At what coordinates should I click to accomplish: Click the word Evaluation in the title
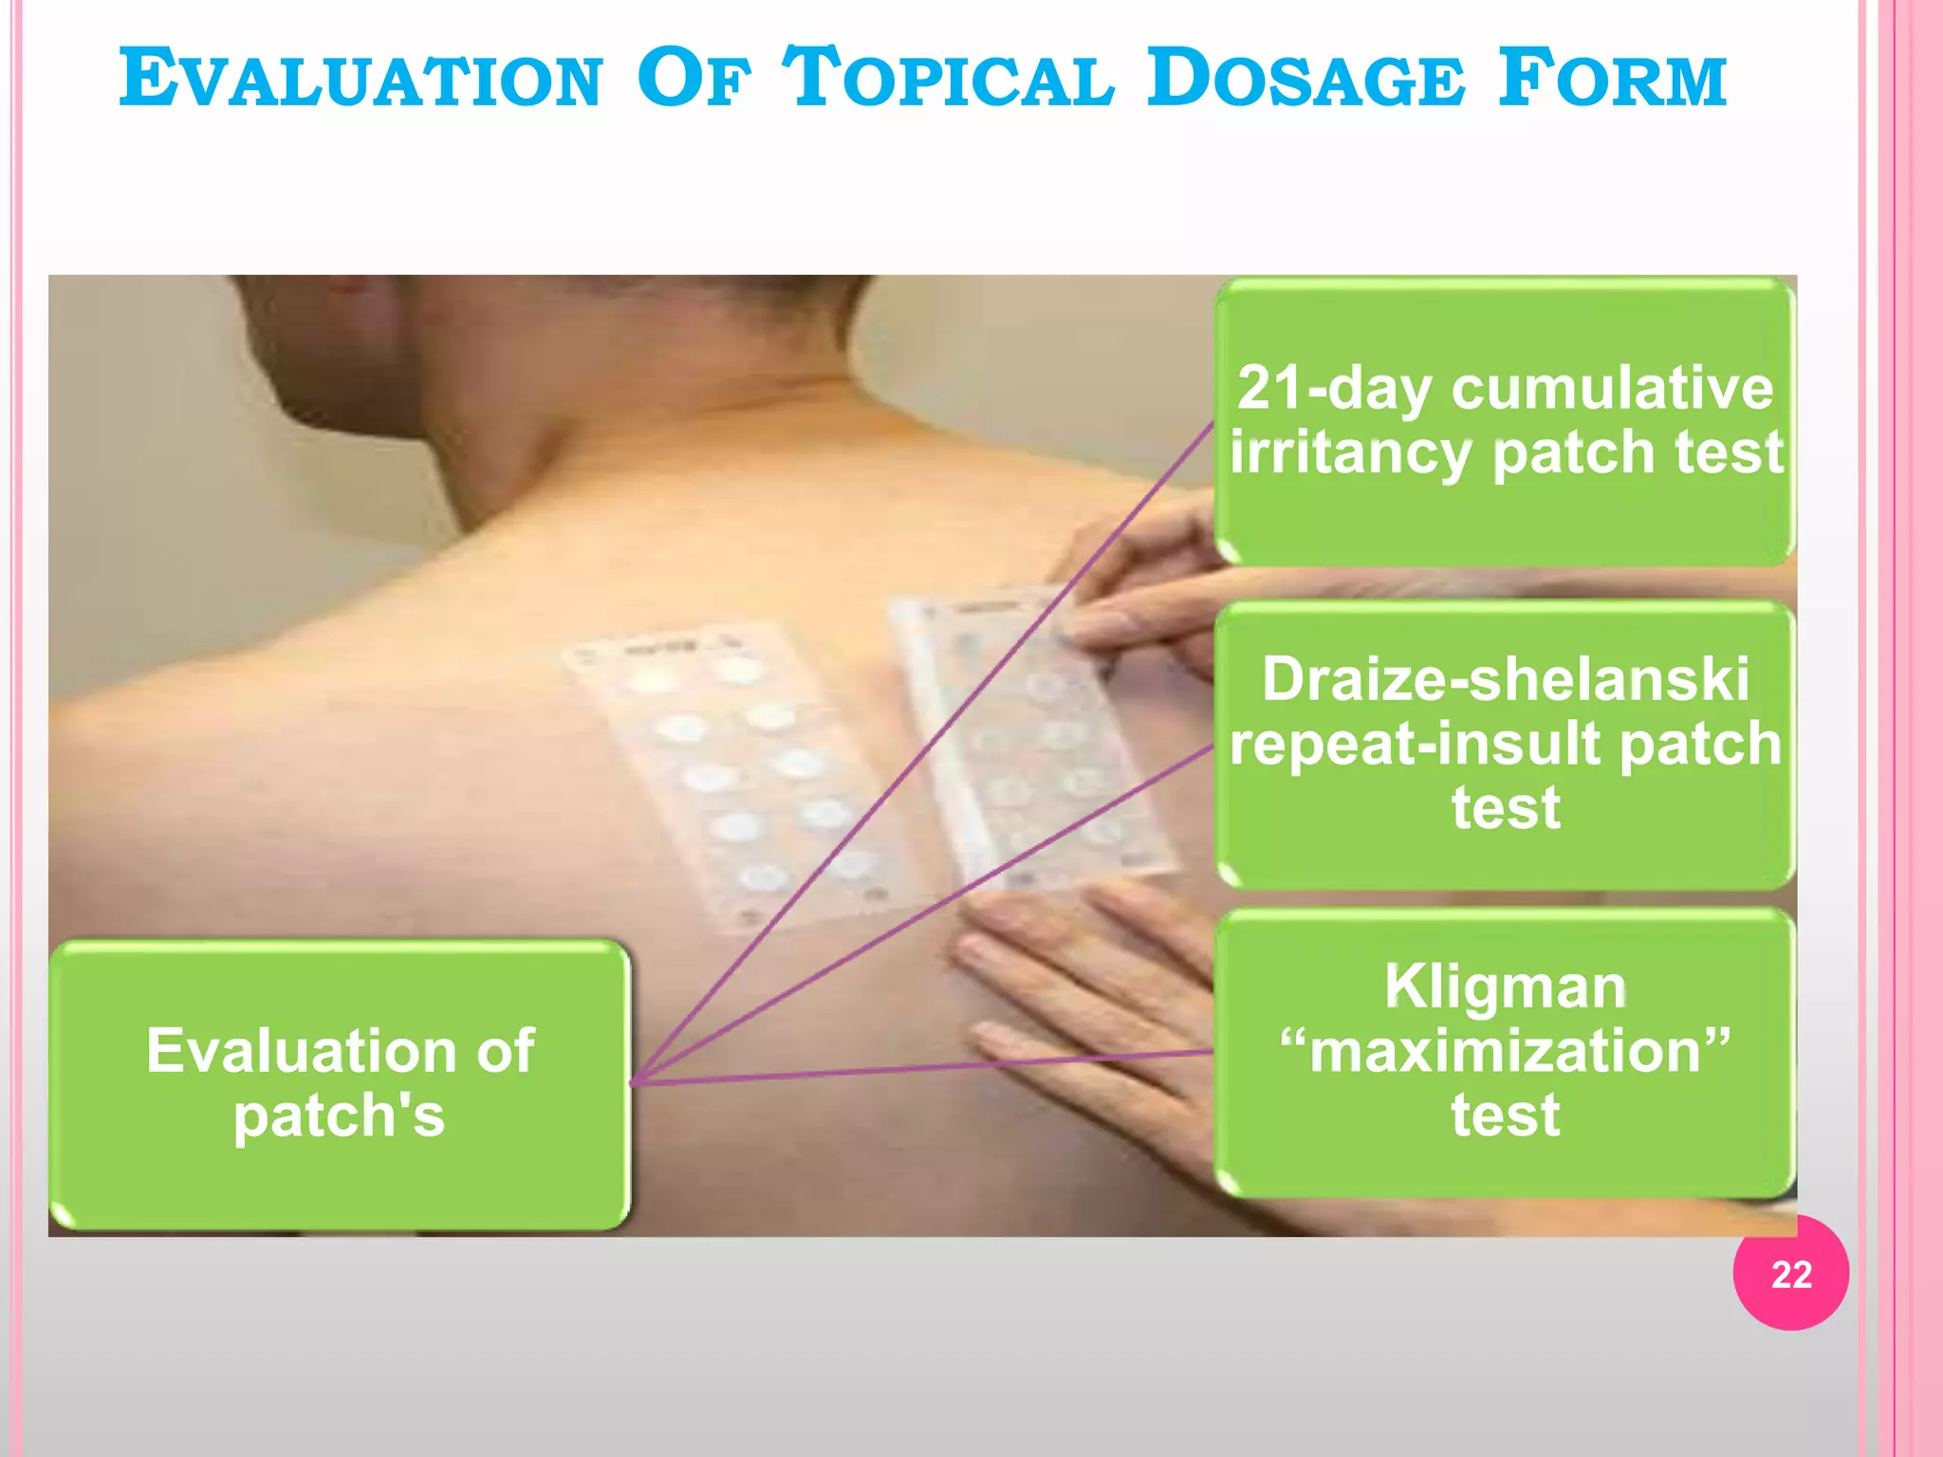pos(361,80)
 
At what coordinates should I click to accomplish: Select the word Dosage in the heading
pos(1305,80)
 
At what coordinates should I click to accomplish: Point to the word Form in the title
pos(1613,80)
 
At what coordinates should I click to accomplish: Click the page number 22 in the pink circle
pos(1790,1274)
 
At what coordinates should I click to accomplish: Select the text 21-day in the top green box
pos(1334,389)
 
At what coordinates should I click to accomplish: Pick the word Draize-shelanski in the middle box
pos(1506,680)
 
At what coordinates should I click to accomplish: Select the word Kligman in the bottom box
pos(1506,987)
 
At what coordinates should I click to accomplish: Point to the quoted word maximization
pos(1506,1051)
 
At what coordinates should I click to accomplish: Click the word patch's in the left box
pos(340,1116)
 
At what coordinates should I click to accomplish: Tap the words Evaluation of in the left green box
pos(340,1051)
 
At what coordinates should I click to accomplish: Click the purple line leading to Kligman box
pos(949,1067)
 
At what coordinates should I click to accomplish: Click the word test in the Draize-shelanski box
pos(1506,808)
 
